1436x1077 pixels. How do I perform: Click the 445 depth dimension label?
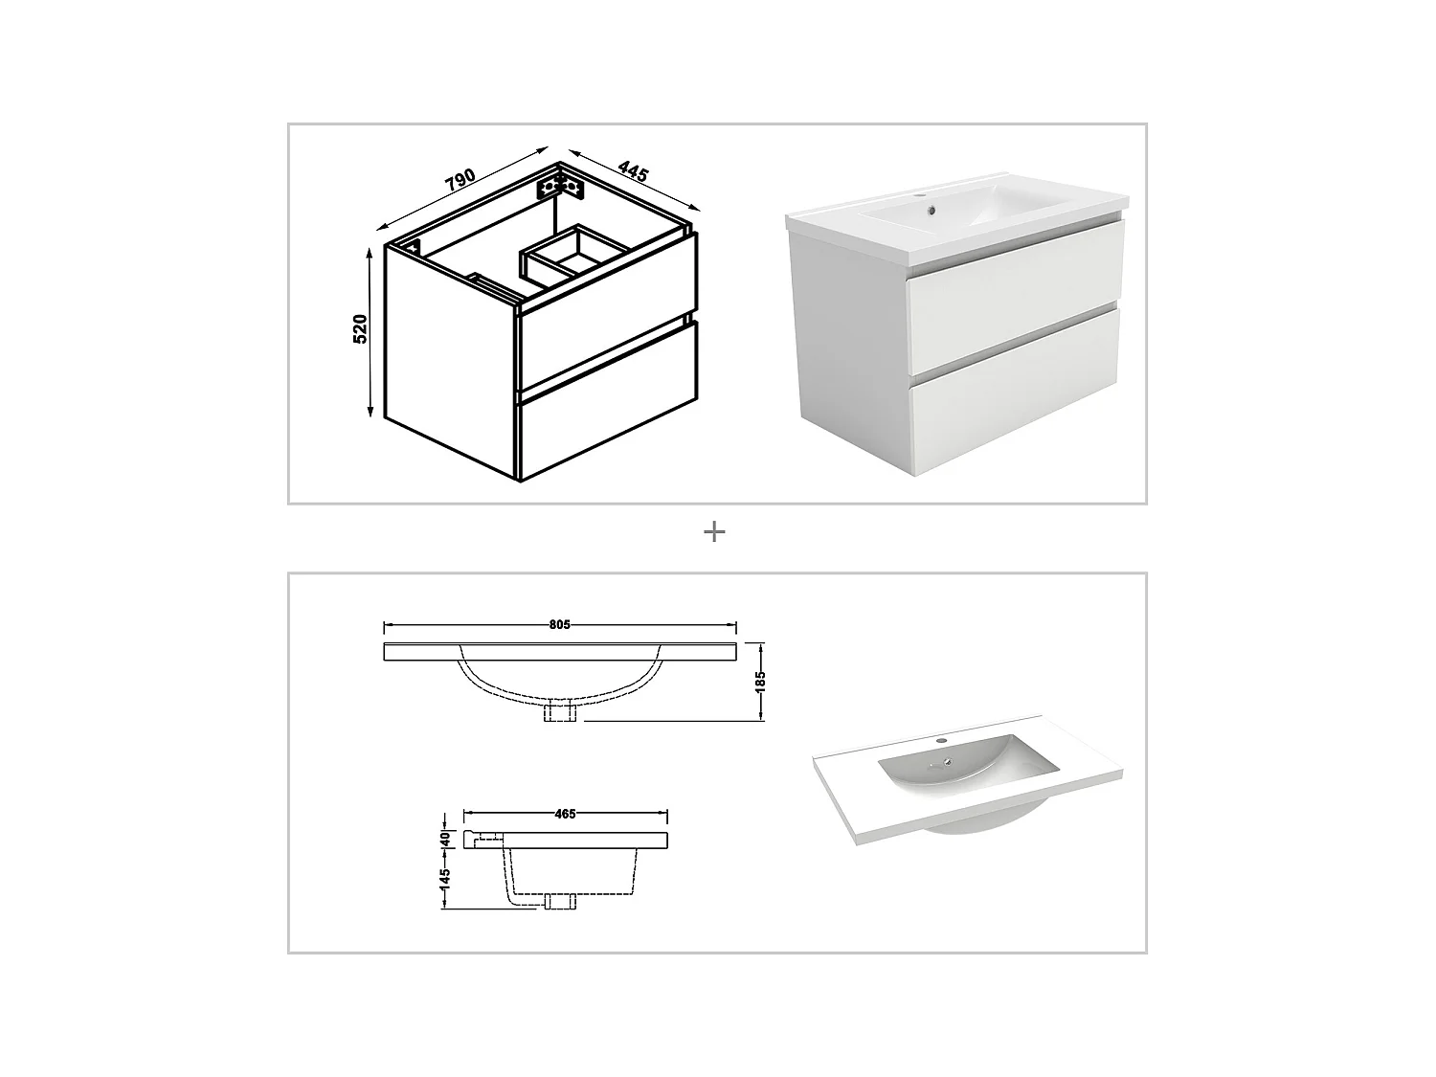633,172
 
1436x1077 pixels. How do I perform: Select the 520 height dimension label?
361,328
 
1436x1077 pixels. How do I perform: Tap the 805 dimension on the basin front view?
560,625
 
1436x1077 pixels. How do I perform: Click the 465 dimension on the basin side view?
565,814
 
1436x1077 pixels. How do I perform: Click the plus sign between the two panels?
714,532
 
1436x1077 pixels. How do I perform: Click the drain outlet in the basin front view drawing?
559,713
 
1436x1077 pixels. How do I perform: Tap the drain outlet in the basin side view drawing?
559,903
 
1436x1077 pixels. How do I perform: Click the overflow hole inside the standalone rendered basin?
947,762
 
